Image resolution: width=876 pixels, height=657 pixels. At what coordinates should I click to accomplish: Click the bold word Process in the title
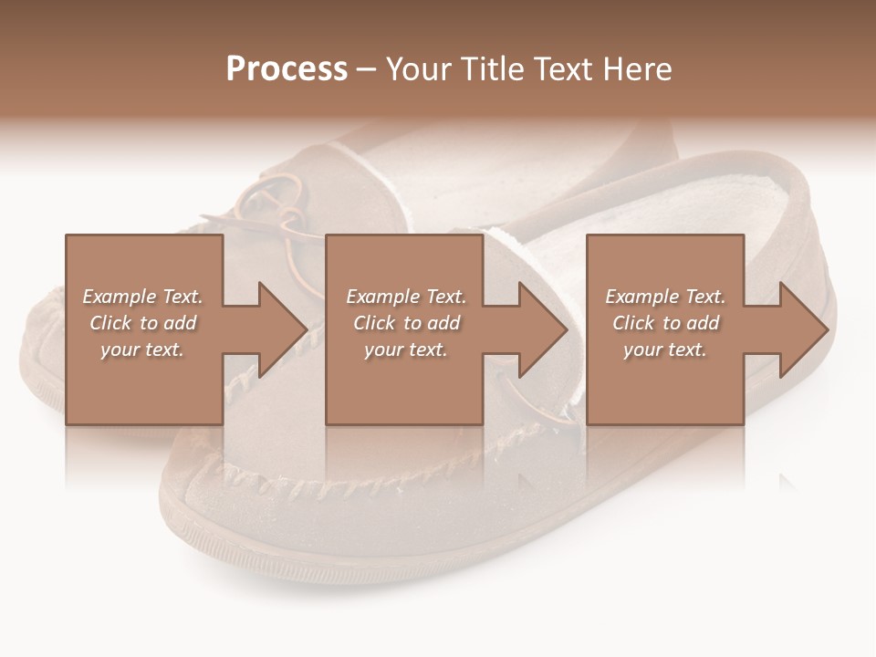coord(287,68)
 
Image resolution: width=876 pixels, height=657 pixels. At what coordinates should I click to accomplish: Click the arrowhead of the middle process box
coord(542,329)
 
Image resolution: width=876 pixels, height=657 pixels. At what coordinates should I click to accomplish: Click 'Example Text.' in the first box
coord(142,297)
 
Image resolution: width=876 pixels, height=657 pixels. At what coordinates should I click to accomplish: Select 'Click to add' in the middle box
coord(406,323)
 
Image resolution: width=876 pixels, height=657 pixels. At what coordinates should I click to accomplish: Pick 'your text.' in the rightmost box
coord(665,349)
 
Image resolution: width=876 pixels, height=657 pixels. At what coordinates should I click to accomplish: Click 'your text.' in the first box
coord(142,349)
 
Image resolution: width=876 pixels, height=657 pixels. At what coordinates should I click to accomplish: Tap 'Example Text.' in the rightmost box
coord(665,297)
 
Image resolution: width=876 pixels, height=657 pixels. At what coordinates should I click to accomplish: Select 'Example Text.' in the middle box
coord(406,297)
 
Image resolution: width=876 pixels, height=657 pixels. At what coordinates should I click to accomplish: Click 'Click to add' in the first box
coord(142,323)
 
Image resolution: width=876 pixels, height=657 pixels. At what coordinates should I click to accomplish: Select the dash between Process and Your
coord(367,70)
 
